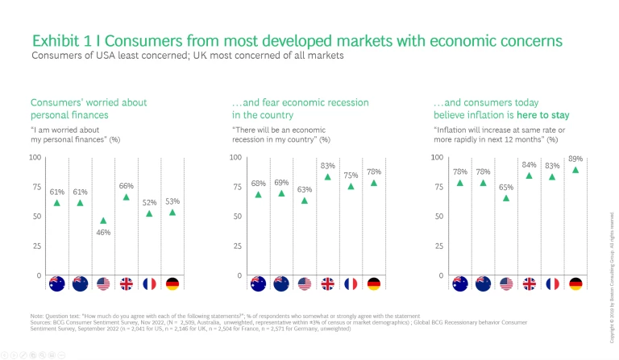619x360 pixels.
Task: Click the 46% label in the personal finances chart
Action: click(x=104, y=232)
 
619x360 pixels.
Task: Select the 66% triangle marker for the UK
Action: click(x=127, y=197)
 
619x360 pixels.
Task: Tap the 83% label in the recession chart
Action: click(x=328, y=165)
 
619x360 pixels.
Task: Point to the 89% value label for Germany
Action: click(x=575, y=159)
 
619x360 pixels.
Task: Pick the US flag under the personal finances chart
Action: click(x=103, y=283)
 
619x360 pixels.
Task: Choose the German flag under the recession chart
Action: click(x=374, y=283)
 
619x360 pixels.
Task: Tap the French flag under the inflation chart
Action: click(x=552, y=283)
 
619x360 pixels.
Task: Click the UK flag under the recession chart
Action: click(x=328, y=283)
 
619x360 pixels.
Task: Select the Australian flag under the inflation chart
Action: click(x=460, y=283)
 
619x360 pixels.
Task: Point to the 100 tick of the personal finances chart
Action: click(x=35, y=156)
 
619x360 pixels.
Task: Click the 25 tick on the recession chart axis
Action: click(x=237, y=246)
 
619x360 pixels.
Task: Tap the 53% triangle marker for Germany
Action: click(x=172, y=213)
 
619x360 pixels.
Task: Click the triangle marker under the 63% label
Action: click(x=305, y=201)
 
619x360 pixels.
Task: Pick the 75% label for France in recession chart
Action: click(x=351, y=175)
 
